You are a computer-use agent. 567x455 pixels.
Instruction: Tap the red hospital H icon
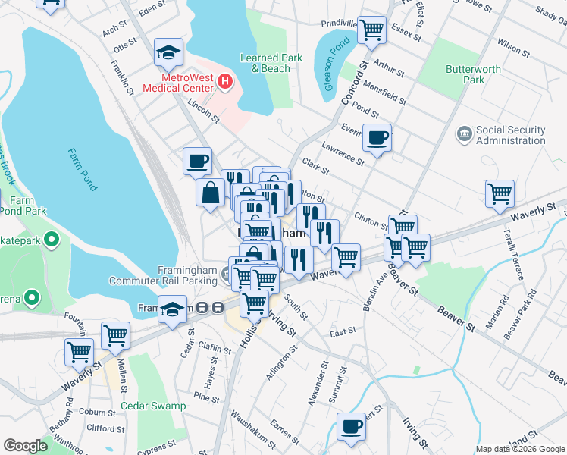[x=224, y=81]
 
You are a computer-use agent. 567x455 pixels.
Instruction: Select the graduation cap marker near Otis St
[x=168, y=52]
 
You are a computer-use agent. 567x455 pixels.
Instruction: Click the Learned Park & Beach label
[x=271, y=63]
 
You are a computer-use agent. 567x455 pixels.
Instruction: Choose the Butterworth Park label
[x=475, y=74]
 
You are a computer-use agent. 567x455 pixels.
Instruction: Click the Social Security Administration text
[x=511, y=135]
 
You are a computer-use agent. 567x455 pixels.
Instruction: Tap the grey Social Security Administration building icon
[x=463, y=134]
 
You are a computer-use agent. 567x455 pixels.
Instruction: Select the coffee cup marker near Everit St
[x=377, y=138]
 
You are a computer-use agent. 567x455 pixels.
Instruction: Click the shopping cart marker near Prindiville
[x=371, y=30]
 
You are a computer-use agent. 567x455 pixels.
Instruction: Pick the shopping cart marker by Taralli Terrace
[x=500, y=193]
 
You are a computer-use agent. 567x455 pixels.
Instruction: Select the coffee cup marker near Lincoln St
[x=198, y=161]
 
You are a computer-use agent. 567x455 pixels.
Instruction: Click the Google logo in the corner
[x=25, y=446]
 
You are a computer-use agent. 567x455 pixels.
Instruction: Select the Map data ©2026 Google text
[x=520, y=449]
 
